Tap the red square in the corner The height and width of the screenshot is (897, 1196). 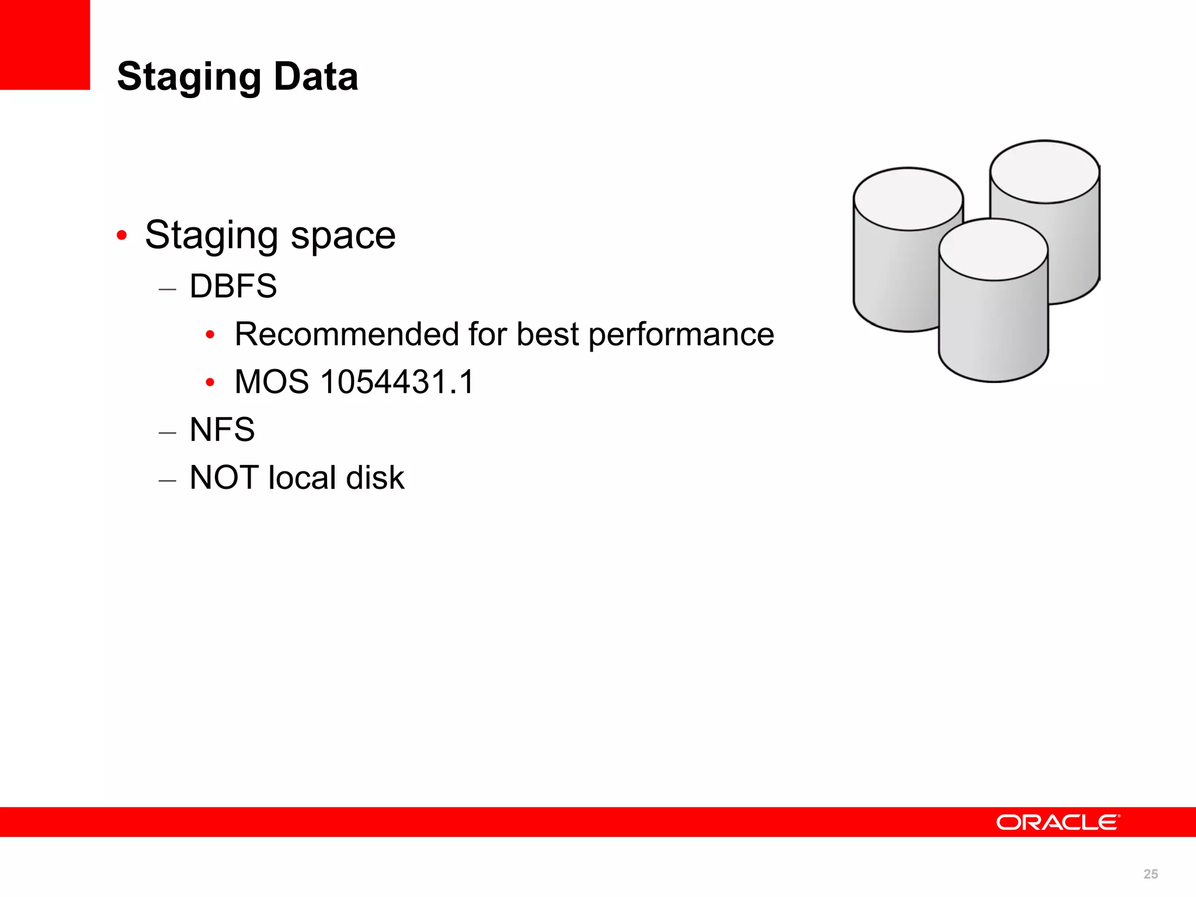coord(44,44)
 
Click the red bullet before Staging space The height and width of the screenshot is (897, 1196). coord(121,235)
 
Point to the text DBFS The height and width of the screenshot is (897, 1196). coord(233,286)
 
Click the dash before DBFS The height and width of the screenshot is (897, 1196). coord(167,288)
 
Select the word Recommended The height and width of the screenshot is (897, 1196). coord(346,334)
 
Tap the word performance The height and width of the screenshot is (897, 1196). coord(681,334)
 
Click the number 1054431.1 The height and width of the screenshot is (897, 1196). coord(397,382)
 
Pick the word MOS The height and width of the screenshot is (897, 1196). coord(272,382)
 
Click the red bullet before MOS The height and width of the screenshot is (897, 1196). coord(210,383)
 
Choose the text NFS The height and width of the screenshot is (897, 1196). coord(222,430)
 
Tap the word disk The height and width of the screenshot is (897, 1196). coord(375,478)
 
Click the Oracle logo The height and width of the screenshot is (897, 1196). coord(1058,822)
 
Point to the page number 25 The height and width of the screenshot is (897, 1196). coord(1150,874)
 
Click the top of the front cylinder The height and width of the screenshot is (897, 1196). coord(993,249)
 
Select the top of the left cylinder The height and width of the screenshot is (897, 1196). coord(908,199)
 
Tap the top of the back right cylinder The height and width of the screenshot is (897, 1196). coord(1045,172)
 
